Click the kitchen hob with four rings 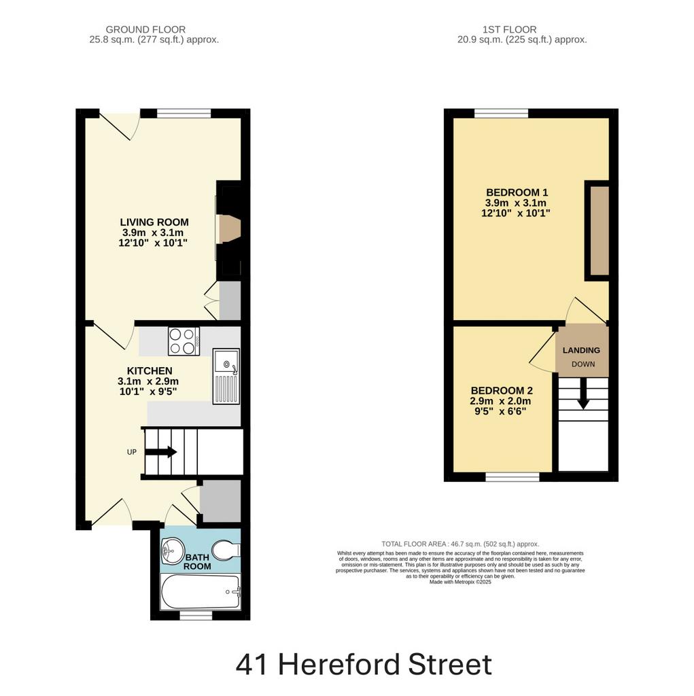click(x=184, y=341)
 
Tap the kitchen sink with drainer click(x=226, y=376)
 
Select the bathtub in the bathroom click(x=201, y=592)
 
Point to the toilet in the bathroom click(x=226, y=551)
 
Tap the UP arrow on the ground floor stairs click(x=161, y=452)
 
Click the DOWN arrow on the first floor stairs click(x=583, y=394)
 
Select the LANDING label click(x=581, y=350)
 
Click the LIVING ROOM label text click(x=154, y=222)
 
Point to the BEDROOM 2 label click(x=502, y=391)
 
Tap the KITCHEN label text click(x=150, y=370)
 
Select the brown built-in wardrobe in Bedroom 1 click(x=600, y=231)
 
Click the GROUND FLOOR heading click(x=145, y=30)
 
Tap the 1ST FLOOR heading click(x=510, y=30)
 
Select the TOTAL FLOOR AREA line click(x=460, y=544)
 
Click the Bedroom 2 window click(x=513, y=477)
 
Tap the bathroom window click(x=196, y=615)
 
